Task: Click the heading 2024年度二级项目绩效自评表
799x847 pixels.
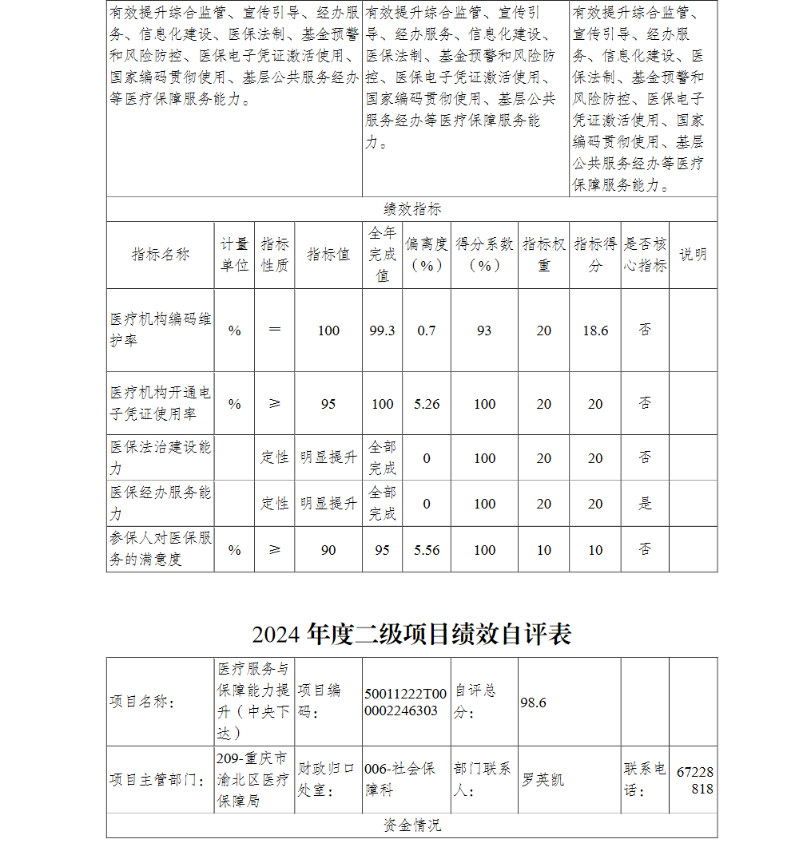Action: (x=411, y=635)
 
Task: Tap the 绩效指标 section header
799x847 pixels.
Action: (x=411, y=209)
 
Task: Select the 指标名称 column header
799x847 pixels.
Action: (x=161, y=255)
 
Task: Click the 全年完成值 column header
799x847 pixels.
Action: (x=383, y=255)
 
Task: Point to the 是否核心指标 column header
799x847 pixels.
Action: (x=645, y=255)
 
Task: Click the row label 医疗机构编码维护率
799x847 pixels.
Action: (x=161, y=330)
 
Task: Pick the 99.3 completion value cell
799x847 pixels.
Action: (x=383, y=330)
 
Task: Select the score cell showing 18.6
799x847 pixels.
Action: (x=595, y=330)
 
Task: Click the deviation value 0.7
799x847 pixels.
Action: (x=427, y=330)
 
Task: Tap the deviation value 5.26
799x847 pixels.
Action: (x=427, y=404)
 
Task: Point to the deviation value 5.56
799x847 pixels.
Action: (x=427, y=550)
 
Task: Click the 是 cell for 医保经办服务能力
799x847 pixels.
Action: (x=645, y=504)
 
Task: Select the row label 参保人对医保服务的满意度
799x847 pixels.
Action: (x=161, y=549)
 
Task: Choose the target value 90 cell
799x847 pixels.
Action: (x=328, y=550)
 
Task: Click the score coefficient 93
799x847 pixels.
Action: (x=484, y=330)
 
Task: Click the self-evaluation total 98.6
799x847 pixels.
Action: (x=533, y=702)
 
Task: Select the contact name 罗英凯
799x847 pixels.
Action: (x=543, y=779)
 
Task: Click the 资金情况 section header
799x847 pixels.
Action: (x=411, y=825)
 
